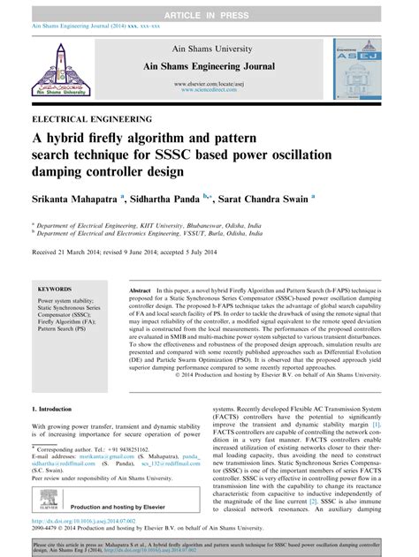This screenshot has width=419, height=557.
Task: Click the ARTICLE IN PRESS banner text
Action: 209,8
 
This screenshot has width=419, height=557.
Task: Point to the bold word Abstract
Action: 141,290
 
